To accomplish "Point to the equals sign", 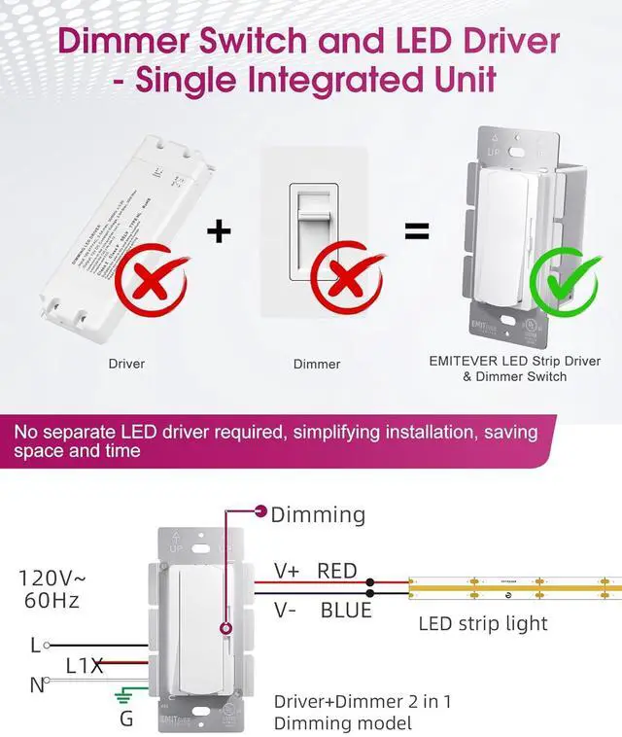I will click(417, 231).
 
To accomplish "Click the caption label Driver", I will click(126, 364).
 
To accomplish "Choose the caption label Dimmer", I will click(317, 365).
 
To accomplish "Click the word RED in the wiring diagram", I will click(337, 571).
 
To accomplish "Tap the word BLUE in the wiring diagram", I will click(345, 611).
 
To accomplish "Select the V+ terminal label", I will click(287, 571).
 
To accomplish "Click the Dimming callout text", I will click(318, 515).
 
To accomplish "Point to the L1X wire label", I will click(85, 666).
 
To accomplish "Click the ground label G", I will click(126, 720).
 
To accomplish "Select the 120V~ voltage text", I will click(57, 577).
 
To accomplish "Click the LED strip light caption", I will click(482, 624).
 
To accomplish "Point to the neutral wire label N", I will click(37, 684).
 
